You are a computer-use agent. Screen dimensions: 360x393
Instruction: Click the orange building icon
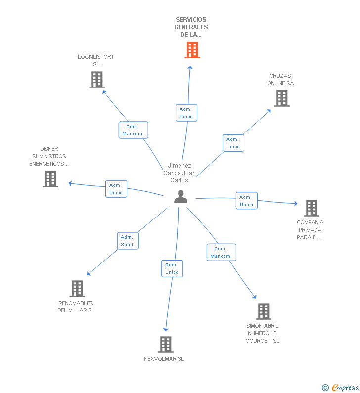pos(192,50)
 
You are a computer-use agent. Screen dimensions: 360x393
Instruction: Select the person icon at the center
pos(181,197)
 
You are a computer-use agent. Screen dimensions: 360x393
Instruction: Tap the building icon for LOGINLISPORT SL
pos(97,80)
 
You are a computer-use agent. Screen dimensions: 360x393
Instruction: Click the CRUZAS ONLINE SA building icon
pos(282,98)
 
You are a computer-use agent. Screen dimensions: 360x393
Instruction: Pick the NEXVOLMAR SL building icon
pos(166,345)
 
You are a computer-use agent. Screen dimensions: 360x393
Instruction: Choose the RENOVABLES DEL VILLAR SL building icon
pos(77,289)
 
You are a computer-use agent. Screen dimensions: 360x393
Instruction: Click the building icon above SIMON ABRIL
pos(264,311)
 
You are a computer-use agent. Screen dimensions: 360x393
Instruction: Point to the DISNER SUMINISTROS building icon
pos(50,179)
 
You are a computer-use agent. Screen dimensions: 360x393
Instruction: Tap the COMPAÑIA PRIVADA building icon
pos(312,208)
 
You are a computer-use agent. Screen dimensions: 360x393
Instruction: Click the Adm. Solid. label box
pos(128,241)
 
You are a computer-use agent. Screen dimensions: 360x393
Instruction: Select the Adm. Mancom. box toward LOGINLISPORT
pos(134,130)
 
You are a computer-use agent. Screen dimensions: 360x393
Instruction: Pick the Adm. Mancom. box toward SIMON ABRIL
pos(222,252)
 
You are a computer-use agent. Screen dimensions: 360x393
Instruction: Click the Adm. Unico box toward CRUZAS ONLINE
pos(233,143)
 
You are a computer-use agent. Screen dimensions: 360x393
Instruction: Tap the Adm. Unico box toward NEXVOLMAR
pos(172,268)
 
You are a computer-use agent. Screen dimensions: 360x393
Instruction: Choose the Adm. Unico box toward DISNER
pos(116,189)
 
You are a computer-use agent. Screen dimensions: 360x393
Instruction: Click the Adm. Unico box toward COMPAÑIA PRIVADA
pos(247,201)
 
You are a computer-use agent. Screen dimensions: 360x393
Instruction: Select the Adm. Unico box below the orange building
pos(186,113)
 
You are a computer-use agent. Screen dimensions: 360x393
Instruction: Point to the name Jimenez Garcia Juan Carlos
pos(180,173)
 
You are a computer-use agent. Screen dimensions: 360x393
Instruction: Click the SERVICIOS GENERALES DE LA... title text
pos(191,27)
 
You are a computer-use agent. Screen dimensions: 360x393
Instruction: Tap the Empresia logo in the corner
pos(340,387)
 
